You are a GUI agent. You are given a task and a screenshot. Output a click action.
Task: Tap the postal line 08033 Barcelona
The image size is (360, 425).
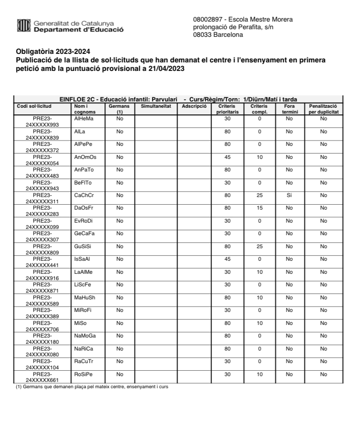(218, 35)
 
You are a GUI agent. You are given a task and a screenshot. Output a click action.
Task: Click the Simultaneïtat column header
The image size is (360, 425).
(156, 106)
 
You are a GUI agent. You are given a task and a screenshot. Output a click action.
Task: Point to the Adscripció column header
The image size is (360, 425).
(194, 106)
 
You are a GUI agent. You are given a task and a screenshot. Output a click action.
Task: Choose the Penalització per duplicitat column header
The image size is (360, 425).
(324, 109)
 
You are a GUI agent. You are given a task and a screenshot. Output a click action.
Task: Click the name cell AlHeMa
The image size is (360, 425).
(83, 118)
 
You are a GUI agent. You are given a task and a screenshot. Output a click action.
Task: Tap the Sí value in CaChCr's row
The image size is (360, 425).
(289, 196)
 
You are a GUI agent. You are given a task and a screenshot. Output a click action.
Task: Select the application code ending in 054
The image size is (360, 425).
(43, 160)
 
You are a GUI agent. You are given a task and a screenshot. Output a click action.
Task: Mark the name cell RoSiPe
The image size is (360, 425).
(84, 374)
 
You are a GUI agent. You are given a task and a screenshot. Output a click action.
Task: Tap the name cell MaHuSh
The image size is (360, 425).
(84, 297)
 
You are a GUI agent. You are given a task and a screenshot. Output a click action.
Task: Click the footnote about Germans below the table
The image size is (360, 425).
(92, 387)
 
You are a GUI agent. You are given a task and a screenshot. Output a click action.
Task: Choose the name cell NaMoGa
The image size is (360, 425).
(85, 336)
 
